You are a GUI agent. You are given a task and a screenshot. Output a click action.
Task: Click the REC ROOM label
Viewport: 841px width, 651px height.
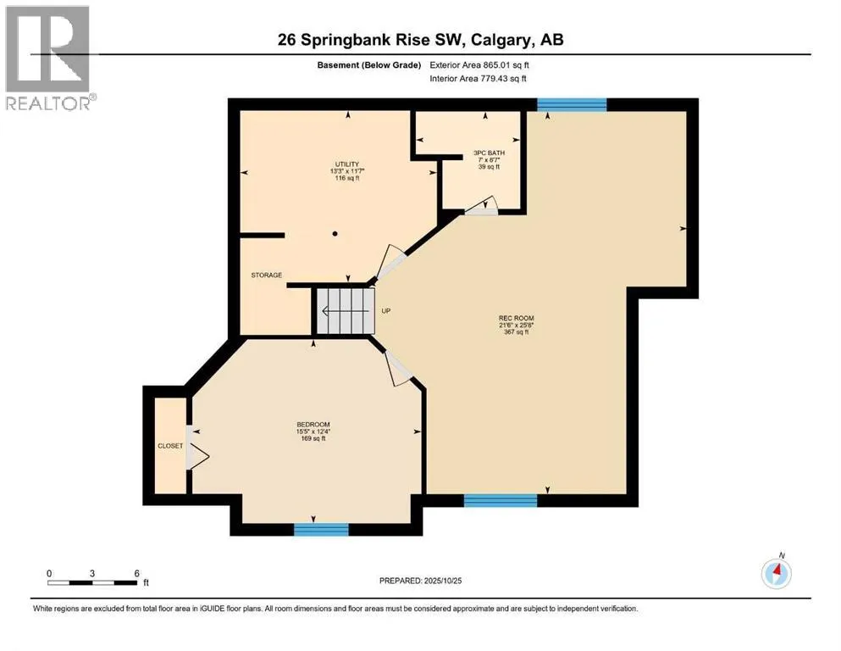click(515, 319)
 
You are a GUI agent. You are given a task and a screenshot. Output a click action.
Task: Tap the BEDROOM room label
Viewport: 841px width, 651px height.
click(313, 425)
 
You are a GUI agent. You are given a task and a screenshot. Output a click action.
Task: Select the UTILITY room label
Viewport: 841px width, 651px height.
click(346, 164)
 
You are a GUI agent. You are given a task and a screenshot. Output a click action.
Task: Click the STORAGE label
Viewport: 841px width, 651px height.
click(266, 275)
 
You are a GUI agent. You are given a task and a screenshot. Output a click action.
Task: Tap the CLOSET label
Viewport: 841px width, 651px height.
click(169, 445)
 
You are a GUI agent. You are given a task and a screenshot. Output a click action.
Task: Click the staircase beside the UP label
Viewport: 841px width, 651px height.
click(344, 311)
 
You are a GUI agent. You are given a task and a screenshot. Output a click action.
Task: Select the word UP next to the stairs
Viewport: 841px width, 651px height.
click(385, 311)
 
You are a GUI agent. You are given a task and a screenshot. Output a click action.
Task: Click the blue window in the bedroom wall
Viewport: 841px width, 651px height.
click(321, 529)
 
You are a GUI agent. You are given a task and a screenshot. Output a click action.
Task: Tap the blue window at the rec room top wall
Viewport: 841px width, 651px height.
click(572, 104)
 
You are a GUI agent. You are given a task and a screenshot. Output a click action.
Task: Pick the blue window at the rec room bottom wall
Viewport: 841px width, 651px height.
click(501, 500)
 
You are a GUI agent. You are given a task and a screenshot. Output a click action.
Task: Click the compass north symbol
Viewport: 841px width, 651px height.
click(776, 573)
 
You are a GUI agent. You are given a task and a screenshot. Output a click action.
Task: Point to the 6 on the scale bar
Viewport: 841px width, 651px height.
click(136, 573)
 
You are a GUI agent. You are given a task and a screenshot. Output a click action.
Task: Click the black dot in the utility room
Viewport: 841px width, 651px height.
click(335, 233)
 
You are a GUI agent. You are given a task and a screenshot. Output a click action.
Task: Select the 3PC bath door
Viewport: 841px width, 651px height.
click(483, 206)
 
